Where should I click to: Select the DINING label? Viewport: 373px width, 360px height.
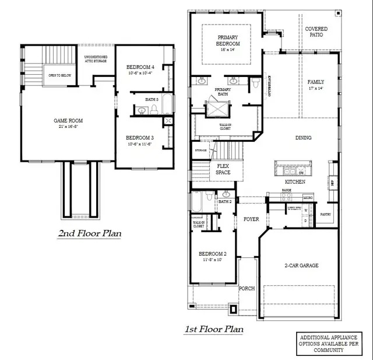click(x=303, y=138)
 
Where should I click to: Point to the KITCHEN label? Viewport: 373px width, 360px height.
click(x=295, y=182)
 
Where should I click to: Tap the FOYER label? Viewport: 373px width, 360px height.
click(x=251, y=219)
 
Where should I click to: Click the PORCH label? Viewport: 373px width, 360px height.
click(x=247, y=288)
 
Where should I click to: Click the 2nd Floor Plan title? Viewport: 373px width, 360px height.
click(x=89, y=234)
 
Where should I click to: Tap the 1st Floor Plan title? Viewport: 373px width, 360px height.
click(x=214, y=330)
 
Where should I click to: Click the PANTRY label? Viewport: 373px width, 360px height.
click(x=326, y=214)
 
